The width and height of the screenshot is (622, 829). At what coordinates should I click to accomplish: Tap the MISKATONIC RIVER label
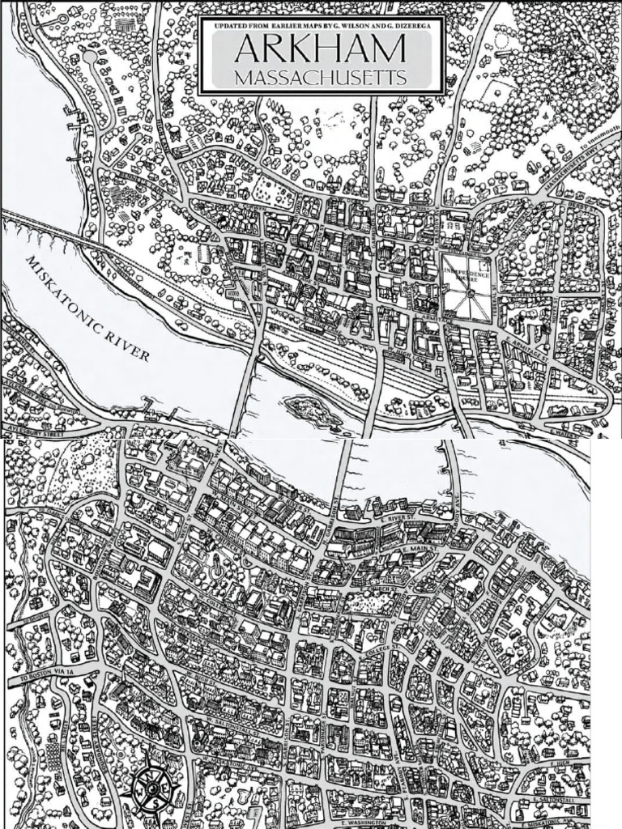(87, 309)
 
